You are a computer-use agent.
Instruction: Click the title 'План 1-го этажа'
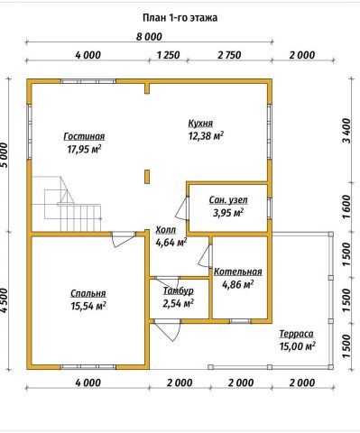coord(180,18)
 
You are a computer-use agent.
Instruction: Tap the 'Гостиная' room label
coord(84,136)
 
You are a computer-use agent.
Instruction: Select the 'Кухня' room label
coord(200,124)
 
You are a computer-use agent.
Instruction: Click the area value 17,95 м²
coord(84,149)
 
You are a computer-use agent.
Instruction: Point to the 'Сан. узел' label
coord(228,200)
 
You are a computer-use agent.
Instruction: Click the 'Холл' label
coord(166,230)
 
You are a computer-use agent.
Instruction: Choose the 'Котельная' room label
coord(238,272)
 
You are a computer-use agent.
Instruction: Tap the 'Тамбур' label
coord(179,290)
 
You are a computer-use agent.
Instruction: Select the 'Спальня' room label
coord(88,293)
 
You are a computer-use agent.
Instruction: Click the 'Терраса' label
coord(297,334)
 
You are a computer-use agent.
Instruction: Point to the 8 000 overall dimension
coord(149,37)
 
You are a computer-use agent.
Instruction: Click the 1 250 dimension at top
coord(168,55)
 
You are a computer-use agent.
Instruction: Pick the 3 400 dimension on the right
coord(346,131)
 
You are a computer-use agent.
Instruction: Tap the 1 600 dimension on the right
coord(346,207)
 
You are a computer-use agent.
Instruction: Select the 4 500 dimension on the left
coord(5,301)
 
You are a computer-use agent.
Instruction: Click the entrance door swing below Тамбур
coord(168,330)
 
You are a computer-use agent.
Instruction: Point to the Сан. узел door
coord(181,208)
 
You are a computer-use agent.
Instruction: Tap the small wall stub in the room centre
coord(147,177)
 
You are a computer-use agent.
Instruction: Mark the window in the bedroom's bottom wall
coord(88,367)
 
